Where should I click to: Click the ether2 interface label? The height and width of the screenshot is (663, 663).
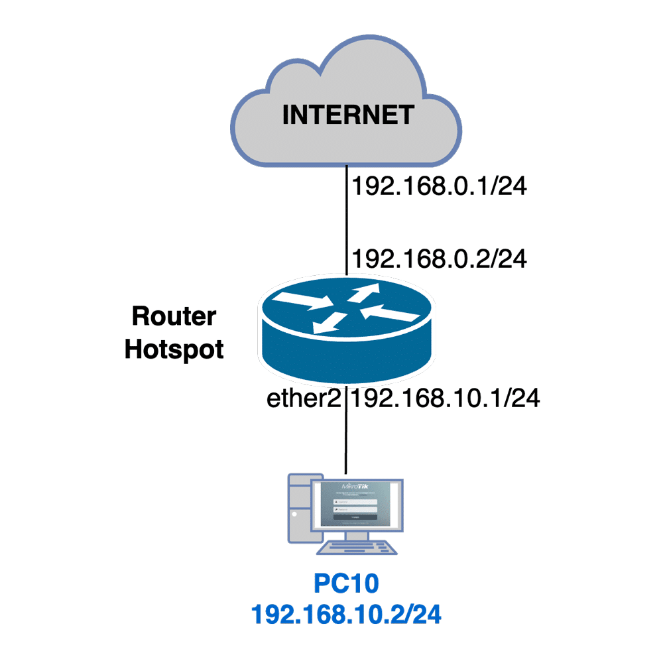point(306,398)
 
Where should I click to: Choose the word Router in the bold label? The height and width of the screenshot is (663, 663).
point(174,316)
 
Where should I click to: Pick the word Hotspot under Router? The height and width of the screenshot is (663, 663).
point(174,349)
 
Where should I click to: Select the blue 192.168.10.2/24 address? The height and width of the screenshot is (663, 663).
point(346,615)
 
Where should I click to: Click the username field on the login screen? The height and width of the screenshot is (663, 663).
point(355,502)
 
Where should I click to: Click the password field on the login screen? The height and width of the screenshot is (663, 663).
point(355,509)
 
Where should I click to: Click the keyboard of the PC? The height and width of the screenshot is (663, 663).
point(358,549)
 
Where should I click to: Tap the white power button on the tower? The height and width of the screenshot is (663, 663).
point(294,514)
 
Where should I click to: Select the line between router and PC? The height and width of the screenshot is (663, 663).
point(345,438)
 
